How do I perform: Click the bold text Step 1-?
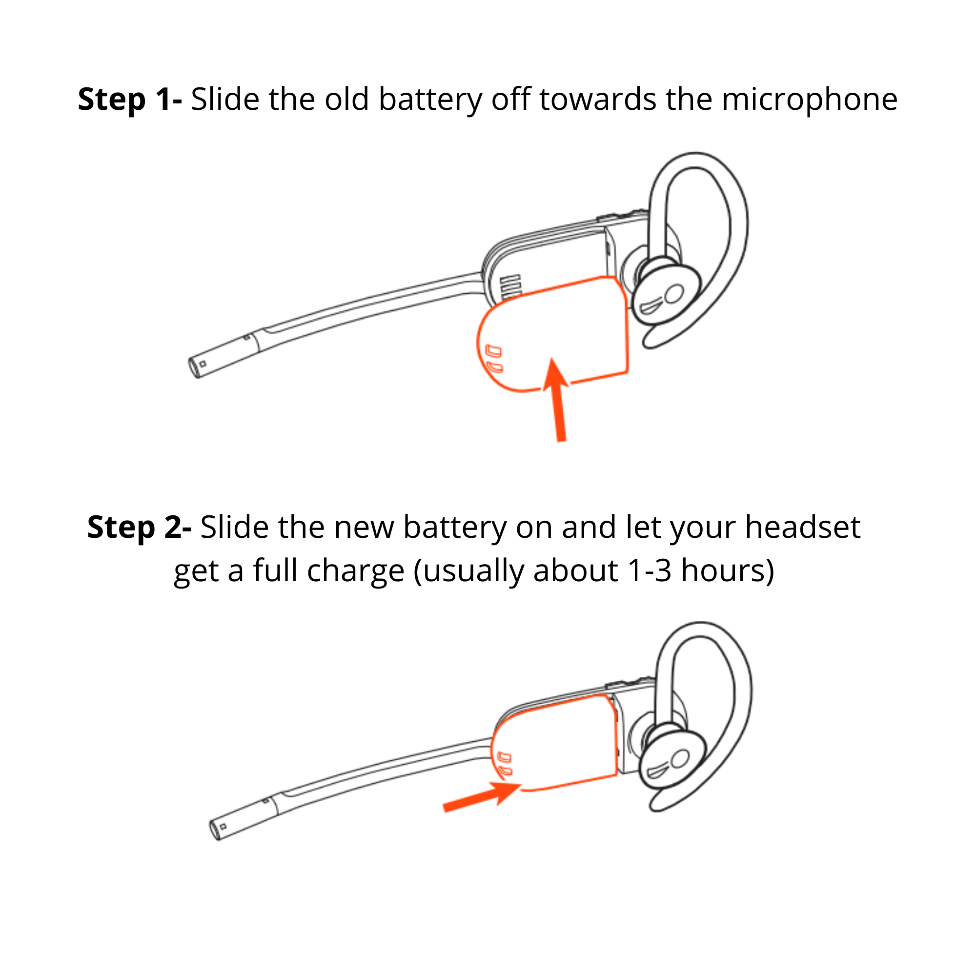[129, 99]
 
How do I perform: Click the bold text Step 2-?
[139, 528]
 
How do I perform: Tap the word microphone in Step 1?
[809, 100]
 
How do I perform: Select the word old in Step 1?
[346, 99]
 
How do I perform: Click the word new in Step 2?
[364, 528]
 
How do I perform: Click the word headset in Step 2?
[803, 528]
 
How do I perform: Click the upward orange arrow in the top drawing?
[558, 399]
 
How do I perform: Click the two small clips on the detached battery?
[493, 358]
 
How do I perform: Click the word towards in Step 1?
[598, 99]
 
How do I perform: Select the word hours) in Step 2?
[728, 571]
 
